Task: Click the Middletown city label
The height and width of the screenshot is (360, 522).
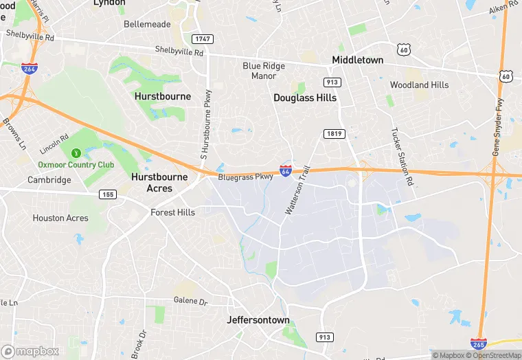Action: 357,60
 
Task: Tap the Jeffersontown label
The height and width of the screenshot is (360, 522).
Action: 258,320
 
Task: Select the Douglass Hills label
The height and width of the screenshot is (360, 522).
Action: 305,98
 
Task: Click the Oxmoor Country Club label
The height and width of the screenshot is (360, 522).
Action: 76,165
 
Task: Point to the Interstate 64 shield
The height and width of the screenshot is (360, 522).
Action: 286,170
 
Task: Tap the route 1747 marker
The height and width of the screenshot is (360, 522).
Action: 201,39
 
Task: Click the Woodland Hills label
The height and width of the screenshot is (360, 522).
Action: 419,85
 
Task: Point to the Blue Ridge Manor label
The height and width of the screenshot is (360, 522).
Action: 260,71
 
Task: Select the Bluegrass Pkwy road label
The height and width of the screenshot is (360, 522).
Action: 245,177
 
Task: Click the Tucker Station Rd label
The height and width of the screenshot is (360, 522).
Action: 402,157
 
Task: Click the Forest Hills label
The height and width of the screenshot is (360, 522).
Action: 172,212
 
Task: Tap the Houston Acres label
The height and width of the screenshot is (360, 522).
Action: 60,218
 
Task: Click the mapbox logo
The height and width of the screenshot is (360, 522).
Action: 31,351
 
